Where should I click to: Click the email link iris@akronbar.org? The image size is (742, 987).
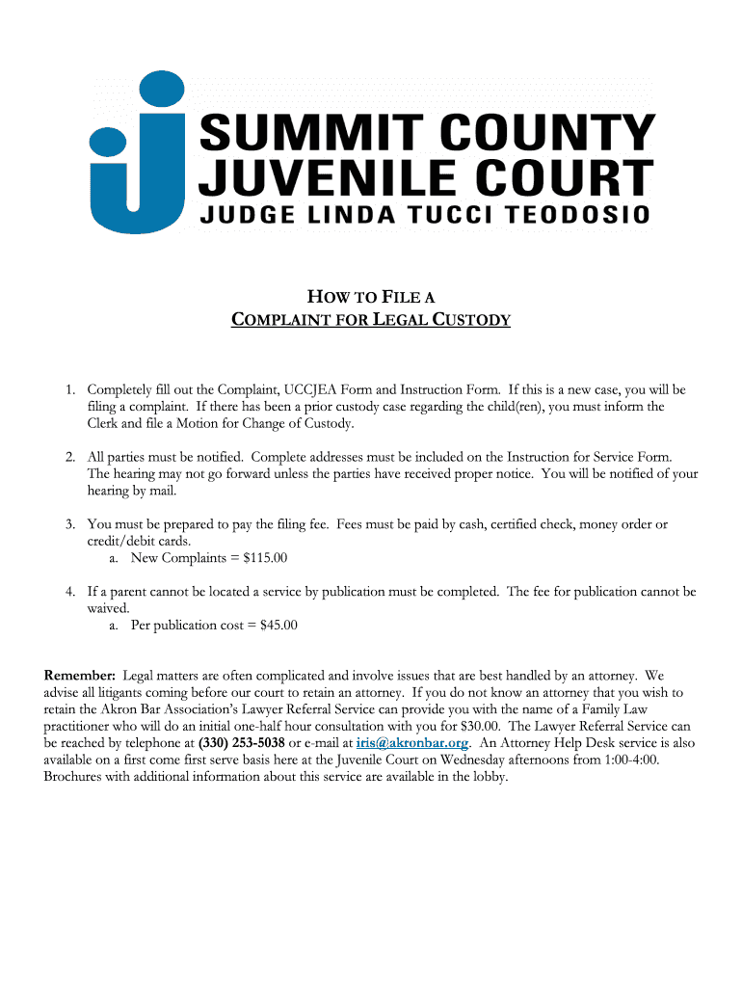tap(411, 743)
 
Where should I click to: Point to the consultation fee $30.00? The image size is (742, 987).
tap(476, 726)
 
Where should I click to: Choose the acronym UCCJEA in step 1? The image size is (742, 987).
tap(313, 389)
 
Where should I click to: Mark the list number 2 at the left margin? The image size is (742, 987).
tap(70, 457)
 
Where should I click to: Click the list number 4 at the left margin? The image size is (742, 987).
tap(70, 592)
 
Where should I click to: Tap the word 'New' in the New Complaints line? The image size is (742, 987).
tap(145, 558)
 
